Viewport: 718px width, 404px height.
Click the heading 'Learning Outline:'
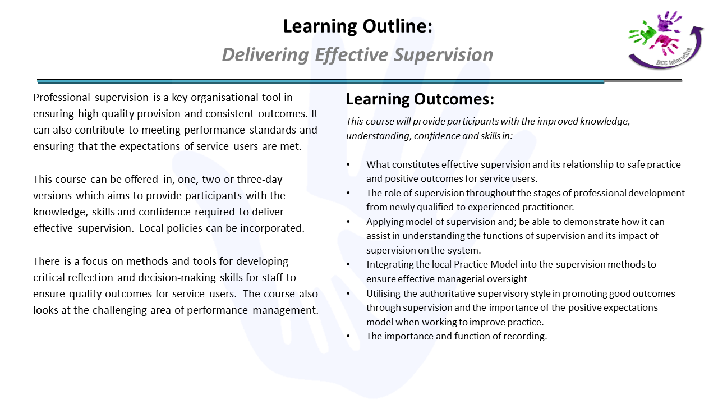coord(358,26)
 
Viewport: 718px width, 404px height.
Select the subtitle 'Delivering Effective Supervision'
coord(357,54)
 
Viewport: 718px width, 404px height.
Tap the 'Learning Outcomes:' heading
coord(420,99)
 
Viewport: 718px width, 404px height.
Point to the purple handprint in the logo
coord(669,21)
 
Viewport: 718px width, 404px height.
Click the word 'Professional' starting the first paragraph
coord(62,98)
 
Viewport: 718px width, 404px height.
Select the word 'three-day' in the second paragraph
coord(259,180)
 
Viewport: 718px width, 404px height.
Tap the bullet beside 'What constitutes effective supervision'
coord(348,164)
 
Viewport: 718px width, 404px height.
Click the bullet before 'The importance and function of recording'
coord(348,336)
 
